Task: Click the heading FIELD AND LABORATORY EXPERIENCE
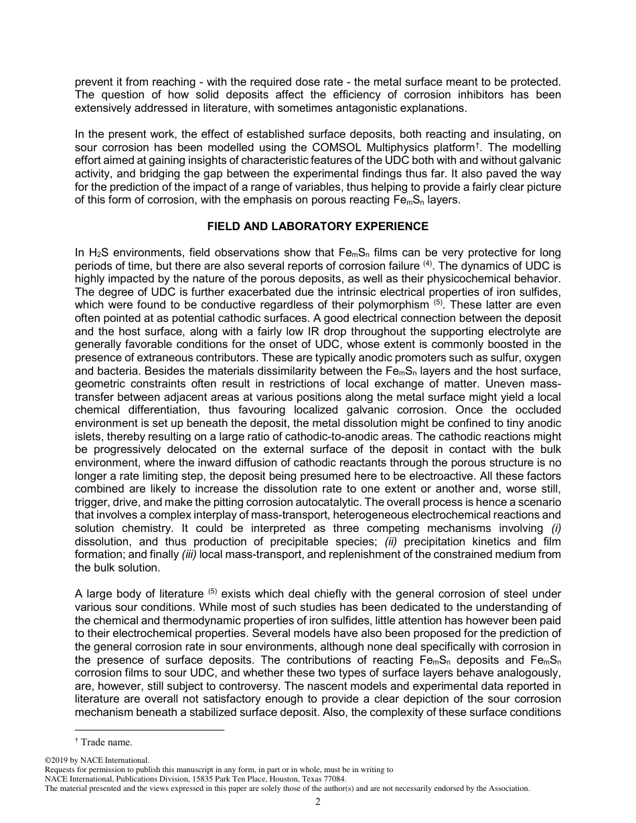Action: click(318, 226)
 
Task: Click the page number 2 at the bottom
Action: click(318, 802)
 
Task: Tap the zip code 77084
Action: click(333, 779)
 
